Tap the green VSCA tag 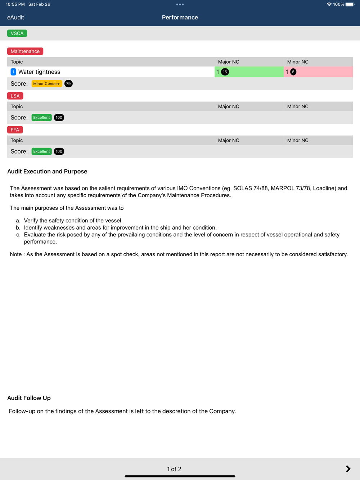click(x=17, y=33)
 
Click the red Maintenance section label click(x=25, y=51)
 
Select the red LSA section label click(x=15, y=96)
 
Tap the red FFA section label click(x=15, y=130)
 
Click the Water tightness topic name click(x=39, y=72)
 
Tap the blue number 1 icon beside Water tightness click(x=13, y=72)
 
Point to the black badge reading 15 click(x=225, y=72)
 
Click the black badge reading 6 click(x=293, y=72)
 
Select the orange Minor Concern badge click(x=47, y=84)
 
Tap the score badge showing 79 click(x=68, y=84)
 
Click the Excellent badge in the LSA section click(x=41, y=118)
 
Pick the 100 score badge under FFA click(x=59, y=151)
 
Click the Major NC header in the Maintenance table click(x=229, y=62)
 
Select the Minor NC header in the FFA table click(x=298, y=140)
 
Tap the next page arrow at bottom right click(x=348, y=469)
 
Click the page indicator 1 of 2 click(x=174, y=469)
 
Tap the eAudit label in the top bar click(x=15, y=18)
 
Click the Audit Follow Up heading click(x=29, y=398)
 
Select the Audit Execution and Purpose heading click(x=47, y=172)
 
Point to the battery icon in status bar click(x=350, y=4)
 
